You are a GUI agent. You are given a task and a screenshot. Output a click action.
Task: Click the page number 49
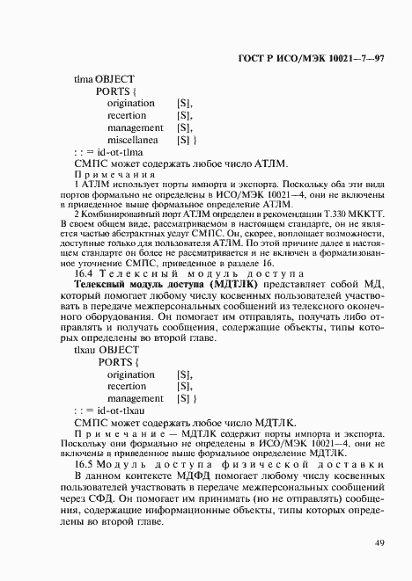(x=378, y=542)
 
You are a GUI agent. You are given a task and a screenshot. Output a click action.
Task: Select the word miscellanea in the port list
(x=133, y=140)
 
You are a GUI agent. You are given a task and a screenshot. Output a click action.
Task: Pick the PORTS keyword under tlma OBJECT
(x=115, y=91)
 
